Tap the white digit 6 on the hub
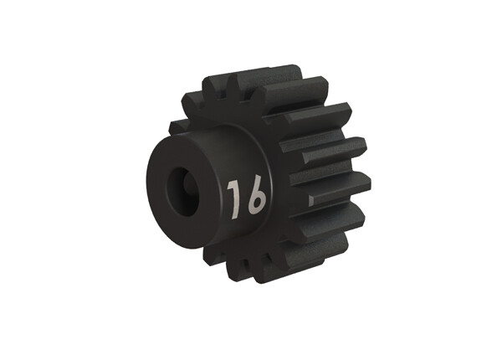(255, 197)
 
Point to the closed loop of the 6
(256, 203)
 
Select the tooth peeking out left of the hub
(177, 127)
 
